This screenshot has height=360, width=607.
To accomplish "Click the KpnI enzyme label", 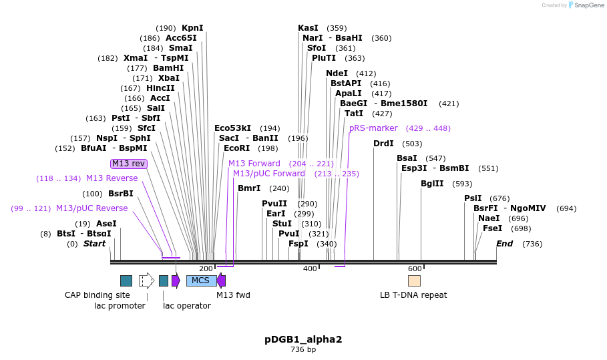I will [x=192, y=28].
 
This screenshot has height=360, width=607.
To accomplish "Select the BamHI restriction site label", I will [x=168, y=68].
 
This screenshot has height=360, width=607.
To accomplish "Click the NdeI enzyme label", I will [x=337, y=73].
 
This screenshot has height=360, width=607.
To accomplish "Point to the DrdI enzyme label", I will [x=383, y=144].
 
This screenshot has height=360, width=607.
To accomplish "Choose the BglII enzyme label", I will [x=432, y=184].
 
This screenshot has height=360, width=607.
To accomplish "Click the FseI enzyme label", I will [x=493, y=228].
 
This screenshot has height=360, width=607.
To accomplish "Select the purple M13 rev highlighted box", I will [x=128, y=164].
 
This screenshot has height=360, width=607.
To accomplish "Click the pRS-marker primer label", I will [x=373, y=128].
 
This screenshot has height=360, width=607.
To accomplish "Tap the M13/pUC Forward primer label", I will [x=268, y=174].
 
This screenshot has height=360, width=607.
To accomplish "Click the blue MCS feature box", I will [x=201, y=281].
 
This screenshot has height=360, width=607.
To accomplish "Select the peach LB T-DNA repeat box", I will [x=414, y=281].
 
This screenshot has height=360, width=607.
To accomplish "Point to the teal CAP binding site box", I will [x=126, y=281].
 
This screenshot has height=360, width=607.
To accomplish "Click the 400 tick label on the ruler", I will [x=310, y=268].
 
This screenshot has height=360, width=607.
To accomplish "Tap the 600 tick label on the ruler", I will [x=414, y=268].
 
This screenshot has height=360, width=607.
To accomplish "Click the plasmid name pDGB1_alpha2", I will [x=303, y=339].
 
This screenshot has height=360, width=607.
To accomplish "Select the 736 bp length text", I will [x=303, y=349].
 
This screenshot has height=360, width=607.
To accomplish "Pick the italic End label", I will [x=504, y=244].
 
